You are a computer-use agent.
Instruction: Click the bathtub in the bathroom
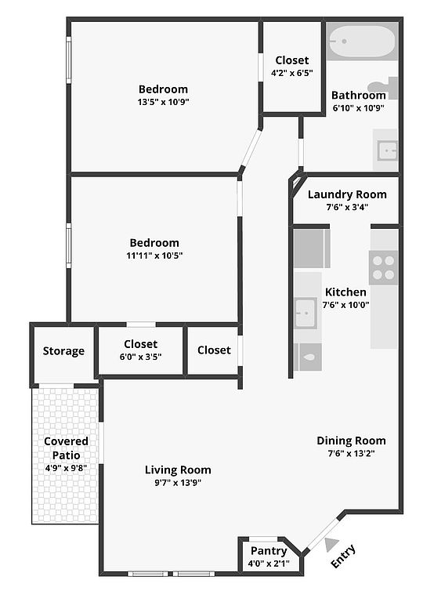(x=362, y=42)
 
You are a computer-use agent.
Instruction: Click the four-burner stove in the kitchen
(x=383, y=267)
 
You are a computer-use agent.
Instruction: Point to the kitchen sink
(x=306, y=313)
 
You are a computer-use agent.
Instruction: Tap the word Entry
(x=343, y=557)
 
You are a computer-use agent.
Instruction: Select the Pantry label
(x=269, y=551)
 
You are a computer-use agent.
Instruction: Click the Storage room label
(x=63, y=351)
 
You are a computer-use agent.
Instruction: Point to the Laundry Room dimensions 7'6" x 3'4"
(x=347, y=207)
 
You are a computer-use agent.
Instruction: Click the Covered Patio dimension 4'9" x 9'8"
(x=66, y=468)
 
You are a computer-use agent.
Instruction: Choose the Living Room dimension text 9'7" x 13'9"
(x=178, y=483)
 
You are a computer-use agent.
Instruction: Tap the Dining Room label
(x=351, y=441)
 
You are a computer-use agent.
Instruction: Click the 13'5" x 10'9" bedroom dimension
(x=163, y=102)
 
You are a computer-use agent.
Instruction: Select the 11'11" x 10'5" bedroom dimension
(x=154, y=256)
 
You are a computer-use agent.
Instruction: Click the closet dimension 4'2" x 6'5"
(x=292, y=73)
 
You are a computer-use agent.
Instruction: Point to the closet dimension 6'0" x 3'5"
(x=140, y=357)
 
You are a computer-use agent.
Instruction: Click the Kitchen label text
(x=345, y=292)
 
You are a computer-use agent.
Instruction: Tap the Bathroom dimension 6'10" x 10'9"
(x=359, y=108)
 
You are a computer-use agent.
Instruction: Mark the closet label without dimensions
(x=214, y=350)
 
